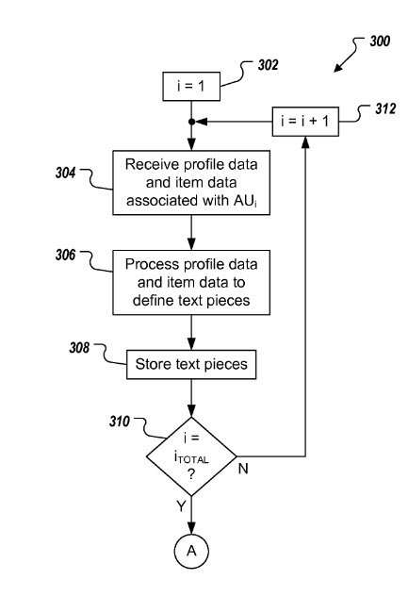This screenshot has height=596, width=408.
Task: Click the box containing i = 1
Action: [x=191, y=86]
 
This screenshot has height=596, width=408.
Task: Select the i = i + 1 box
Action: [x=305, y=122]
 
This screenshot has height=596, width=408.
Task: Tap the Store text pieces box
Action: [x=191, y=365]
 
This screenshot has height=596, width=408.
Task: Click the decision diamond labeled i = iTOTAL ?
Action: [x=191, y=456]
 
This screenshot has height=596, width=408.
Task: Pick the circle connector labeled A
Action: [x=191, y=551]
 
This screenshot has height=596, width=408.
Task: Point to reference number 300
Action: [x=380, y=41]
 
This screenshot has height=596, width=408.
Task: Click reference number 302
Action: [x=269, y=65]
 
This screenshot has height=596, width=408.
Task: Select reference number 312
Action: [x=385, y=108]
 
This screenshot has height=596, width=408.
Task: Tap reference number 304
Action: [x=66, y=173]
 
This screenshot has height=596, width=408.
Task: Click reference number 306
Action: [x=66, y=255]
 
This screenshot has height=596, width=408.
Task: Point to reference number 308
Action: [x=79, y=347]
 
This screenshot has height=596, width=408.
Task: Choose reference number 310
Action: [x=120, y=422]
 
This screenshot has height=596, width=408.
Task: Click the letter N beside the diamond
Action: [x=243, y=469]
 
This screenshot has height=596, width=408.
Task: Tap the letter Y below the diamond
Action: [x=181, y=505]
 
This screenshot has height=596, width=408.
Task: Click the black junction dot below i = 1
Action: [x=191, y=122]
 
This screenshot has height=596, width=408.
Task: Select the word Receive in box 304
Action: [x=152, y=165]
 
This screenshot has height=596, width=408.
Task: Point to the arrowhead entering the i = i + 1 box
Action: [x=305, y=141]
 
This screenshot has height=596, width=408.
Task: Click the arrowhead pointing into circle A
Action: [x=191, y=528]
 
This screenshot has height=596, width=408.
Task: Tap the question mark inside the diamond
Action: [x=191, y=474]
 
